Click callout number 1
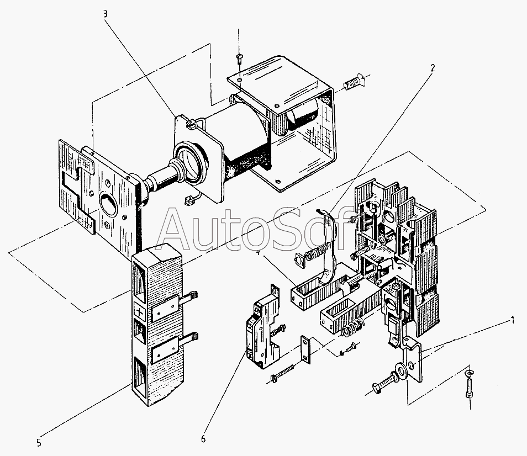[512, 319]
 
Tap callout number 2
[433, 68]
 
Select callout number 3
[106, 14]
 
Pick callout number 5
[39, 442]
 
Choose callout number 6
[203, 439]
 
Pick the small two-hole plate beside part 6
[305, 349]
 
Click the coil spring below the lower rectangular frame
[349, 330]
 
